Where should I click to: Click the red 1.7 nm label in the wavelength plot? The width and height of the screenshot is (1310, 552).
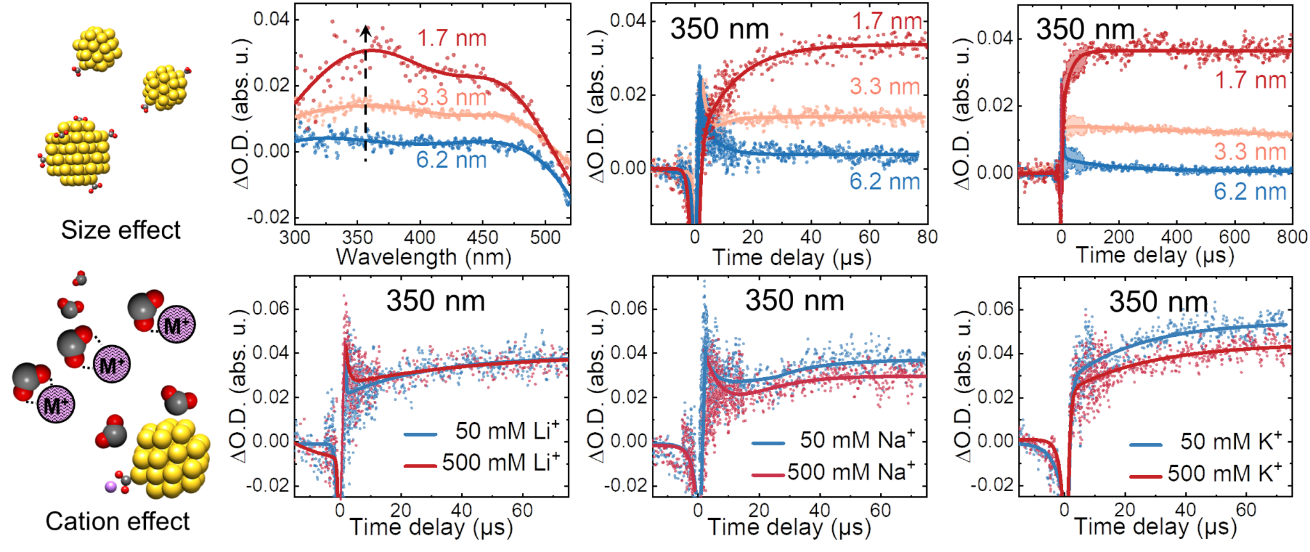(x=452, y=38)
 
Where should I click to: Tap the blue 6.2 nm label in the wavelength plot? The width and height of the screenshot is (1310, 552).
(x=451, y=159)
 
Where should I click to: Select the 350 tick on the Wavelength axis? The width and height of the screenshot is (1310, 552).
(x=357, y=238)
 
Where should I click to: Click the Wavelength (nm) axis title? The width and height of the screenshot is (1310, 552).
(x=423, y=257)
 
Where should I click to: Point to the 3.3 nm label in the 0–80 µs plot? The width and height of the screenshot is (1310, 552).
(x=885, y=86)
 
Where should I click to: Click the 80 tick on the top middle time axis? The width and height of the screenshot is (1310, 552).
(x=927, y=237)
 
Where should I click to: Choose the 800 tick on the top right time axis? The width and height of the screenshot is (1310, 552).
(x=1291, y=237)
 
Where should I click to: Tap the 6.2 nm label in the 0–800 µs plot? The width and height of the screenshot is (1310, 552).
(x=1249, y=191)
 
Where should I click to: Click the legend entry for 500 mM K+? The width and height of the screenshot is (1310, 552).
(x=1206, y=474)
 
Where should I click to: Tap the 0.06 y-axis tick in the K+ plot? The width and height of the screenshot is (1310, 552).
(x=996, y=309)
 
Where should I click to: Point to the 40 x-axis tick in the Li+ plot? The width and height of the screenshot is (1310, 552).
(x=461, y=510)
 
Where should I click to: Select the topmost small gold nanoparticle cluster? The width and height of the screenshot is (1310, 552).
(x=98, y=49)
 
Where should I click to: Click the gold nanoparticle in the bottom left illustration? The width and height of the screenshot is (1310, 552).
(x=171, y=458)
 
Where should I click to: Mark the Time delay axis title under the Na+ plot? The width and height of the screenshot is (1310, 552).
(x=791, y=528)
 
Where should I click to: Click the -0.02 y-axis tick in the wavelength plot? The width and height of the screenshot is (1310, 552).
(x=269, y=217)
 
